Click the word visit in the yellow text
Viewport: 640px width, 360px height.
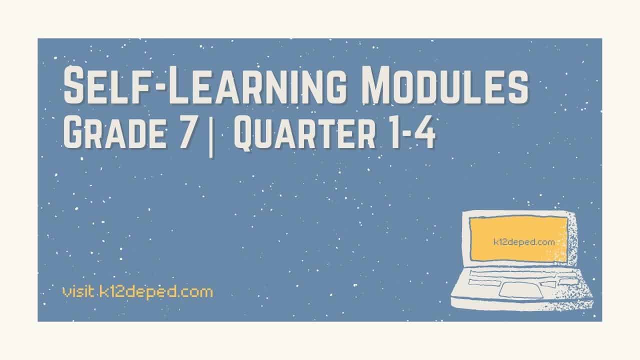(76, 291)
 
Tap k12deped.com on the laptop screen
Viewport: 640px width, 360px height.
(531, 242)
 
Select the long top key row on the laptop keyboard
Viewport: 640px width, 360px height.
(515, 275)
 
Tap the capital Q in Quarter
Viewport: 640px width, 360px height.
(246, 134)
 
